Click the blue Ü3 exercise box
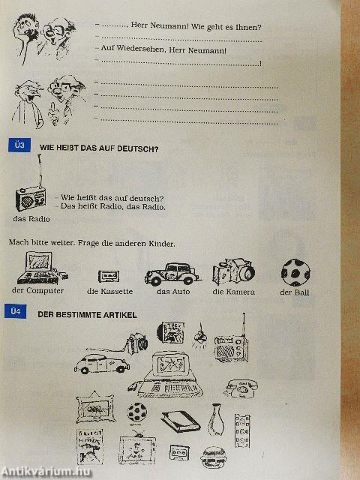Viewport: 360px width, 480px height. (x=19, y=145)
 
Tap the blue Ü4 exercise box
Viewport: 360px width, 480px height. (x=15, y=312)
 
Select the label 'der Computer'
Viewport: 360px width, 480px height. (x=38, y=291)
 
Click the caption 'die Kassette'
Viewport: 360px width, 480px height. (x=110, y=291)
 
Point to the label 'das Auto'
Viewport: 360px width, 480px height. (x=173, y=291)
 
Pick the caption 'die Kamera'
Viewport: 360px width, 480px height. (x=233, y=292)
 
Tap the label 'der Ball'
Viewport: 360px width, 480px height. (x=295, y=292)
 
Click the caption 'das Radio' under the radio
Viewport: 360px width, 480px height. (x=31, y=219)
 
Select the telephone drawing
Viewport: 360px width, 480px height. (x=241, y=388)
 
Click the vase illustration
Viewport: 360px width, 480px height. (x=216, y=420)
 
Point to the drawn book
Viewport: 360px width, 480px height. (x=181, y=421)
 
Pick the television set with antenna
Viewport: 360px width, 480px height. (x=137, y=447)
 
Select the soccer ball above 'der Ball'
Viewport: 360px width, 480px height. (x=295, y=272)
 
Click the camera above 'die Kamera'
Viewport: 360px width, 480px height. (x=234, y=271)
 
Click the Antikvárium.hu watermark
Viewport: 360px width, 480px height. (x=46, y=472)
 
